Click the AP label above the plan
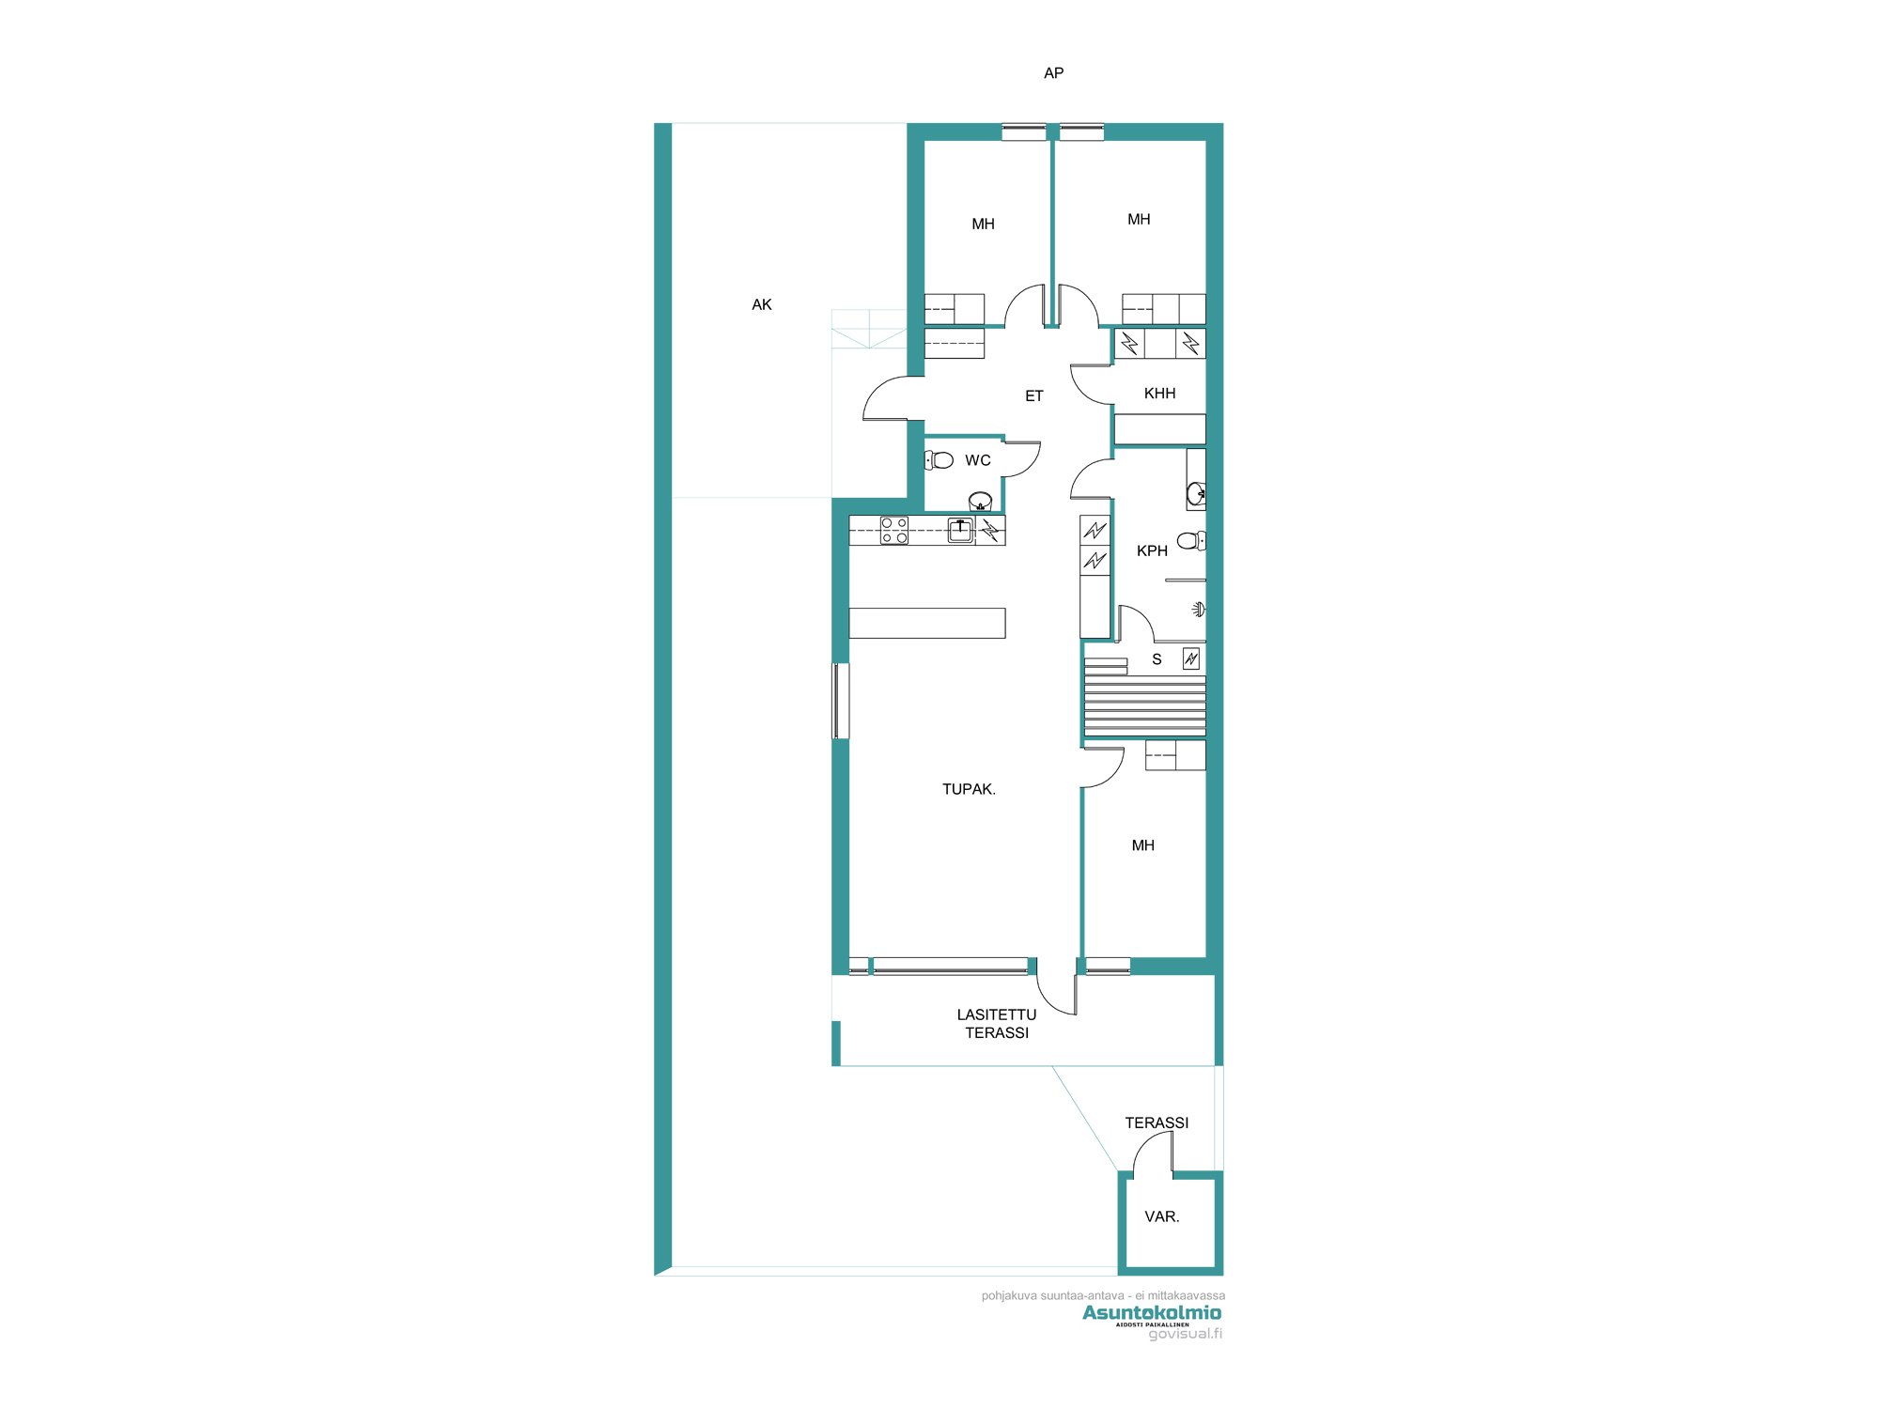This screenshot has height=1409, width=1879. click(1053, 73)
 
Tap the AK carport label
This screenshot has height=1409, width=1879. click(762, 304)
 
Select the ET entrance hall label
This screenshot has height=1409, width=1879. click(1033, 396)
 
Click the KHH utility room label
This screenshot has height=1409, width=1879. click(1159, 394)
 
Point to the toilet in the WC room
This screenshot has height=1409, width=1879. click(939, 460)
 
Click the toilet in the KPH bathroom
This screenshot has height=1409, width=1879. click(1190, 540)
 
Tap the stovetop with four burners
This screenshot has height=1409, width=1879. click(893, 531)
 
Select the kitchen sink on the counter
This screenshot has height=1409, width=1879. click(959, 530)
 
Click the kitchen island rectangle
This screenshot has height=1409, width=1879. click(926, 623)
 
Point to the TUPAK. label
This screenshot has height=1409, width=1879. click(969, 789)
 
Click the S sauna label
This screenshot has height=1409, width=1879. click(1157, 659)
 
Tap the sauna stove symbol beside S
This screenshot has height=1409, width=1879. click(1190, 659)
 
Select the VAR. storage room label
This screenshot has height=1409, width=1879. click(1161, 1216)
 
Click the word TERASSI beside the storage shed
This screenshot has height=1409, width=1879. click(1157, 1123)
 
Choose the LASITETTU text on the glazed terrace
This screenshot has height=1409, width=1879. click(996, 1014)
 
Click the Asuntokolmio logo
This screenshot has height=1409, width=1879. click(1152, 1312)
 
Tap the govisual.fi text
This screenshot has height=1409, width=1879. click(1185, 1334)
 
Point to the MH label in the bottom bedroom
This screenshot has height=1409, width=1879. click(1142, 845)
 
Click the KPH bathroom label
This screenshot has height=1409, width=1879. click(1152, 550)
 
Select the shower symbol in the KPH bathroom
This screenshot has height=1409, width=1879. click(1198, 610)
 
